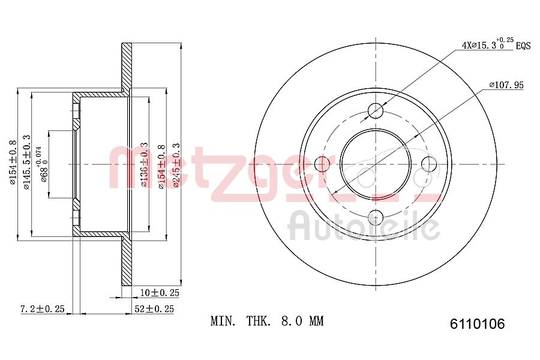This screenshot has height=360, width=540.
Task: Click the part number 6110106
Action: (478, 325)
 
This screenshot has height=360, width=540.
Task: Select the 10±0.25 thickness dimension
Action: (158, 293)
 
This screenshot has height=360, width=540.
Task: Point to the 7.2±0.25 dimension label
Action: (42, 309)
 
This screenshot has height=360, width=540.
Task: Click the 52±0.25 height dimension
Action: (153, 309)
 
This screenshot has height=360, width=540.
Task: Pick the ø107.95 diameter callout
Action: (506, 85)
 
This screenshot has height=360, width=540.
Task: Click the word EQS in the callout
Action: (523, 46)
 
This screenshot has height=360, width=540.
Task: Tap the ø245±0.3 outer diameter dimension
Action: (176, 165)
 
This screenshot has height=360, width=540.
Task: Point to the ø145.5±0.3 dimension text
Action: (27, 163)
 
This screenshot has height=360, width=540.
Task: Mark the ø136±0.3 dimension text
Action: (144, 165)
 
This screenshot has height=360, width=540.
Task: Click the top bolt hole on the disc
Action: (376, 110)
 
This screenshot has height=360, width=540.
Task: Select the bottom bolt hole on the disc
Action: (376, 217)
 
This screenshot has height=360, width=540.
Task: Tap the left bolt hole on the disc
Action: (322, 164)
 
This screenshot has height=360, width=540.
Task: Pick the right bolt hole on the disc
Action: (429, 164)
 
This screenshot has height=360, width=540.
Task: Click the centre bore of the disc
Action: (376, 164)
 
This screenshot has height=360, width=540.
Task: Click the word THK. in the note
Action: (261, 322)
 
